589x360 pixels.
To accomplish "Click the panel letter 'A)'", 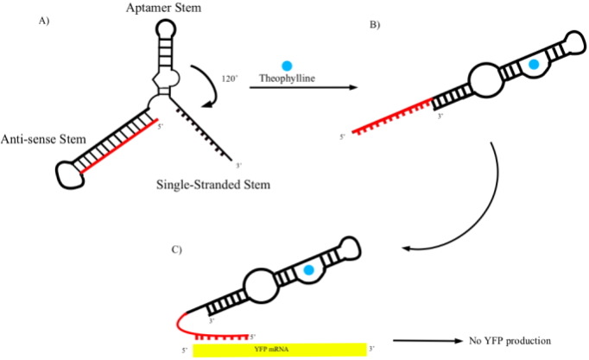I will [x=42, y=21].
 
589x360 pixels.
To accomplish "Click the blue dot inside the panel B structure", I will [x=535, y=64].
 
